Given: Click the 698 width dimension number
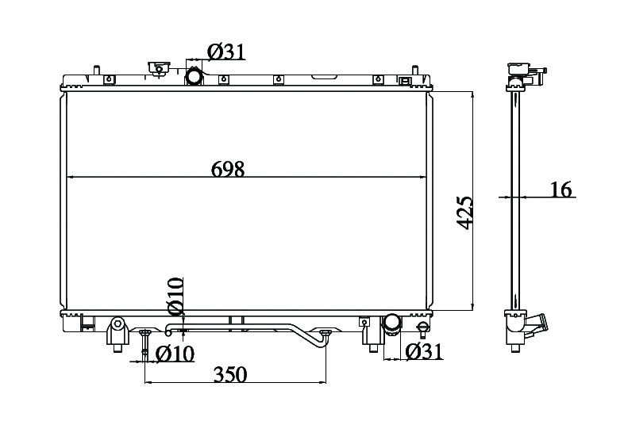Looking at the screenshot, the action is click(x=228, y=169).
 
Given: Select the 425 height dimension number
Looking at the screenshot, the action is click(x=465, y=212).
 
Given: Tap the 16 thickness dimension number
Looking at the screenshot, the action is click(x=561, y=189).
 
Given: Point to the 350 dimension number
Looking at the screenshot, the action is click(x=230, y=375).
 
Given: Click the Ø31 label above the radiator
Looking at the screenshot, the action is click(x=226, y=52).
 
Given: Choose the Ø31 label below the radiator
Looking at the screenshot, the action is click(x=424, y=351).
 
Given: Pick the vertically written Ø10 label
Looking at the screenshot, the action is click(x=175, y=296).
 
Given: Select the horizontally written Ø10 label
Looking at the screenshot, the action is click(x=175, y=354).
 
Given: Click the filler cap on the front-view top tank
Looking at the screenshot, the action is click(x=159, y=68).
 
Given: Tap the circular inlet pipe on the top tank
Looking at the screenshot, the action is click(x=194, y=76).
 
